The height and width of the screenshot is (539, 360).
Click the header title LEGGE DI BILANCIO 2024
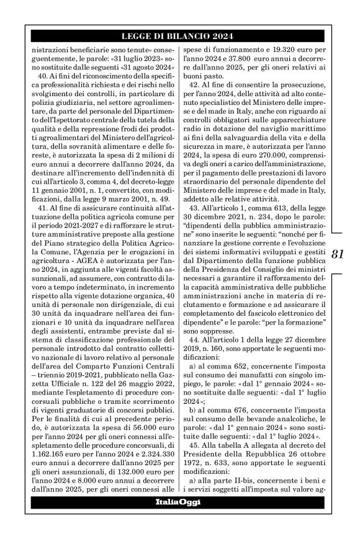[x=179, y=36]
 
